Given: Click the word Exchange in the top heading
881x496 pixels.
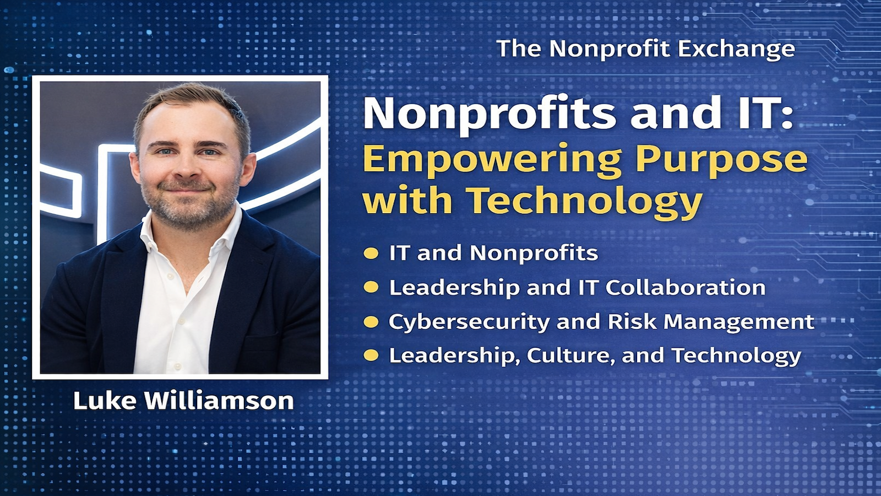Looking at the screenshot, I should point(736,49).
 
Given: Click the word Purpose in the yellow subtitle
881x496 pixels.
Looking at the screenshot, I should point(721,160).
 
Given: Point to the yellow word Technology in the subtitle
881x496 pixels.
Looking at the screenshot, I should point(585,201).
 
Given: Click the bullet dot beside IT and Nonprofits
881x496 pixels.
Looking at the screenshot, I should point(371,254).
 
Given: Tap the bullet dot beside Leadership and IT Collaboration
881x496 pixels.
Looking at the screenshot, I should point(371,288).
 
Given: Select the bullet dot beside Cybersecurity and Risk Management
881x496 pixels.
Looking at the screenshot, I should point(371,322).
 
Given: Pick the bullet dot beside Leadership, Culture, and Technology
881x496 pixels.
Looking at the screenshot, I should point(371,355).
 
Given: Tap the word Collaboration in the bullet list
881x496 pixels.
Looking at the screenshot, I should point(686,288).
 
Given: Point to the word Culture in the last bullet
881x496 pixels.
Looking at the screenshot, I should point(570,355).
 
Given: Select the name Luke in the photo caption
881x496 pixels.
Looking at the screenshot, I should point(105,401).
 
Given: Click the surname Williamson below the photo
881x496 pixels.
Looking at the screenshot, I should point(219,401).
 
